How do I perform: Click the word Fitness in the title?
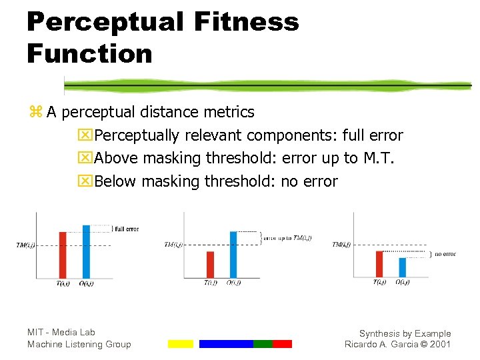click(247, 22)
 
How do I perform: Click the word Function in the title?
click(89, 53)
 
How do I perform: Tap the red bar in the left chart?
click(63, 255)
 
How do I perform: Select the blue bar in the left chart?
click(86, 251)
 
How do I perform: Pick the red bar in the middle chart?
click(210, 265)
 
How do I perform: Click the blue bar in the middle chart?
click(233, 255)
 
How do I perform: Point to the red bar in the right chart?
click(379, 263)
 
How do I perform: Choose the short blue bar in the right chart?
click(402, 267)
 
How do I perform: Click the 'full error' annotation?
click(127, 229)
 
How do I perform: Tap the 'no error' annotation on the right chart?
click(445, 254)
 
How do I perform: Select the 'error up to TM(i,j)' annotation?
click(287, 238)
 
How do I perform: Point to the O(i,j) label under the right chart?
click(403, 282)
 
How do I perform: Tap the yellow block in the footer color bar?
click(180, 344)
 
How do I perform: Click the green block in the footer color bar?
click(263, 344)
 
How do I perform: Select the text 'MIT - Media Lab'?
click(61, 332)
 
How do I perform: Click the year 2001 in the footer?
click(439, 344)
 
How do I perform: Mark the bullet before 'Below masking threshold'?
click(85, 181)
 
